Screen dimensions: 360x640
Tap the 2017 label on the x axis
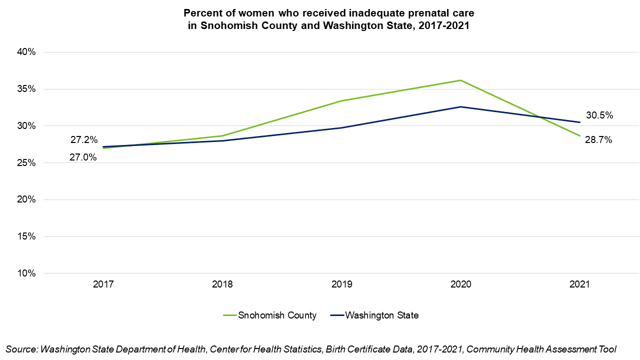click(x=103, y=284)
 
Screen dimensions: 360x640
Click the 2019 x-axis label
click(x=341, y=284)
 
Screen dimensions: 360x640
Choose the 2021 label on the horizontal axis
click(x=580, y=284)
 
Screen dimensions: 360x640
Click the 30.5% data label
click(x=599, y=115)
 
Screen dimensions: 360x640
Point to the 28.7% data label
click(x=598, y=140)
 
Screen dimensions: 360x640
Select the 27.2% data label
click(x=83, y=139)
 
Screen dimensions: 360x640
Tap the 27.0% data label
click(x=83, y=157)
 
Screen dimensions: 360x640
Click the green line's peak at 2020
click(x=460, y=80)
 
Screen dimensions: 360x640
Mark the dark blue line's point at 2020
click(x=460, y=107)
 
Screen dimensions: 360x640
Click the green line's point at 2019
click(x=341, y=100)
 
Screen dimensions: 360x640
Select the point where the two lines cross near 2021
click(x=539, y=117)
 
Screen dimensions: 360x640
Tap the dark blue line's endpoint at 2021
click(x=580, y=122)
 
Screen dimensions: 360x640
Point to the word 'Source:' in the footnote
click(x=21, y=349)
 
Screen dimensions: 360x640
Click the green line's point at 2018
click(x=222, y=135)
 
